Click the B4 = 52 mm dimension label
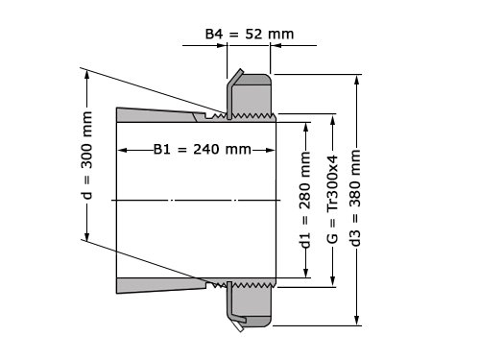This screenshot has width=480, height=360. click(x=250, y=34)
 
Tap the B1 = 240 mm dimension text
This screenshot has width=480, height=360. click(x=203, y=149)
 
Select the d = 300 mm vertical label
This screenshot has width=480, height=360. click(x=86, y=156)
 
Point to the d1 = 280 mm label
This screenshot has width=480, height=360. click(x=306, y=200)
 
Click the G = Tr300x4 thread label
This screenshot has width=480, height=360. click(x=332, y=199)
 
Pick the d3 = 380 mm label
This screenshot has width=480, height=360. click(x=355, y=199)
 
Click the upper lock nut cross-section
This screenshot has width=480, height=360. click(x=252, y=96)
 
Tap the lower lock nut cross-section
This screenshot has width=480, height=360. click(x=252, y=304)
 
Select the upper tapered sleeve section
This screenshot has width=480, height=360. click(x=160, y=115)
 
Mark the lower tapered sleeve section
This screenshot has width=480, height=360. click(x=160, y=285)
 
